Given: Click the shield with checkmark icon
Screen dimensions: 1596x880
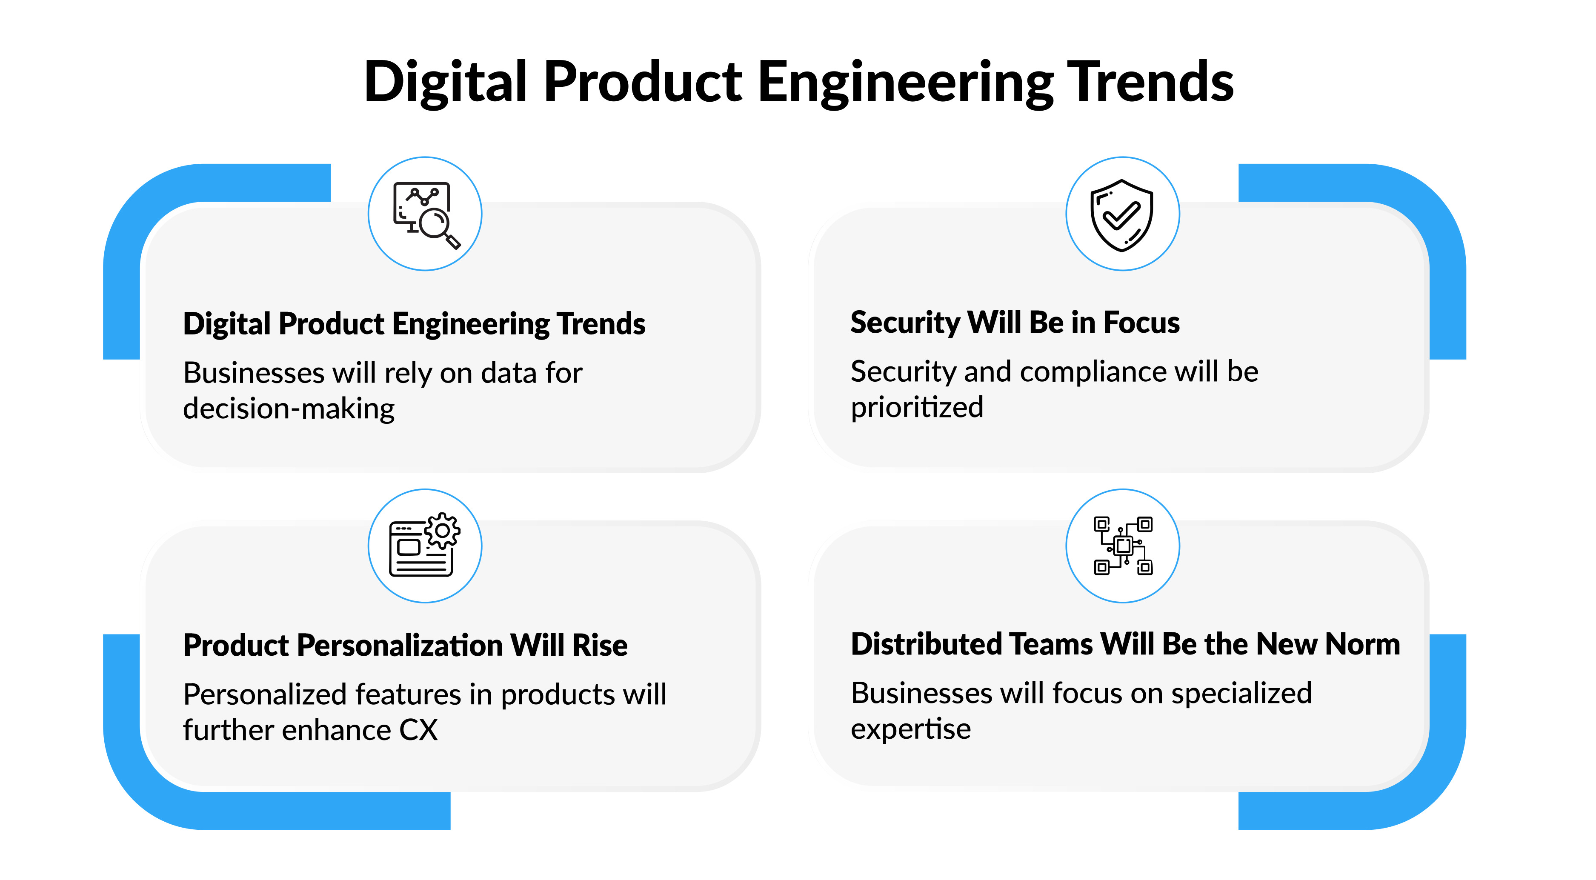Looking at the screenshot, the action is coord(1122,215).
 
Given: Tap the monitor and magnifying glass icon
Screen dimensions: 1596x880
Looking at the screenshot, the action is coord(427,215).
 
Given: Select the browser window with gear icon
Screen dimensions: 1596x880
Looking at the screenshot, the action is coord(424,545).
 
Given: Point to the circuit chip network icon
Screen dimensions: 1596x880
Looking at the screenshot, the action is coord(1123,546).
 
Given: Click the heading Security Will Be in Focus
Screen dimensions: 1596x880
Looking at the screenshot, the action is coord(1015,323).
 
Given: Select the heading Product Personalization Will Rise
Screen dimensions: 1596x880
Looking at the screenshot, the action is coord(405,645).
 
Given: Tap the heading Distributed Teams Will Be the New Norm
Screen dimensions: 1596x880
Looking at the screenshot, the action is coord(1125,644).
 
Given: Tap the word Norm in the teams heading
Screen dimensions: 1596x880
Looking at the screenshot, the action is coord(1362,645).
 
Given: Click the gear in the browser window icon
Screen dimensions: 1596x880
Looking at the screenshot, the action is coord(442,531).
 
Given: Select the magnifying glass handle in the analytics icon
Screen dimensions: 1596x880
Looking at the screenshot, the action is coord(453,241).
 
